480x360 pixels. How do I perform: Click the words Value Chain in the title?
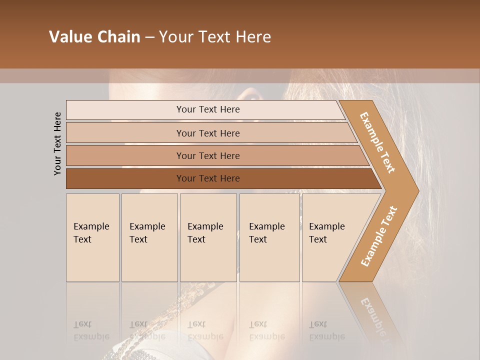[x=94, y=37]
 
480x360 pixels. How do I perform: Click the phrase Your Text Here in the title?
[x=215, y=37]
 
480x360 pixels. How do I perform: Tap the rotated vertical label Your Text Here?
[x=57, y=143]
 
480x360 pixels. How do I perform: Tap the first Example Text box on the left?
[x=92, y=237]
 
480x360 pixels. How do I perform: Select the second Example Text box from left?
[x=149, y=237]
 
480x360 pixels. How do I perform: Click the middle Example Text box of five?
[x=208, y=237]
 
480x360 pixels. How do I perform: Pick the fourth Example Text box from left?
[x=269, y=237]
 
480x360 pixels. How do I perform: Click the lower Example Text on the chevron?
[x=378, y=236]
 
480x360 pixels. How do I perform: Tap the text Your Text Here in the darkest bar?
[x=208, y=178]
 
